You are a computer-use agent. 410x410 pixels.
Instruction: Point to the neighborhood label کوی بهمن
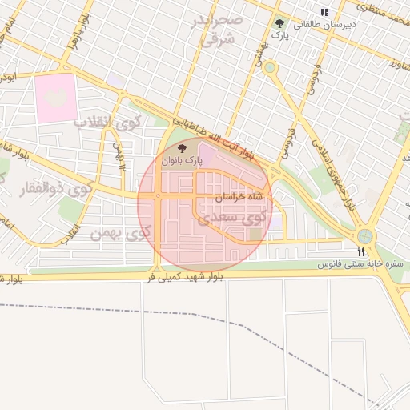(x=120, y=233)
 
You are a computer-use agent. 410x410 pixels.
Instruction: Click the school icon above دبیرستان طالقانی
(x=324, y=12)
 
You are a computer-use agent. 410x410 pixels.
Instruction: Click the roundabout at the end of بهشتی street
(x=270, y=67)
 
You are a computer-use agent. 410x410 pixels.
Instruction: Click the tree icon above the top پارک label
(x=279, y=24)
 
